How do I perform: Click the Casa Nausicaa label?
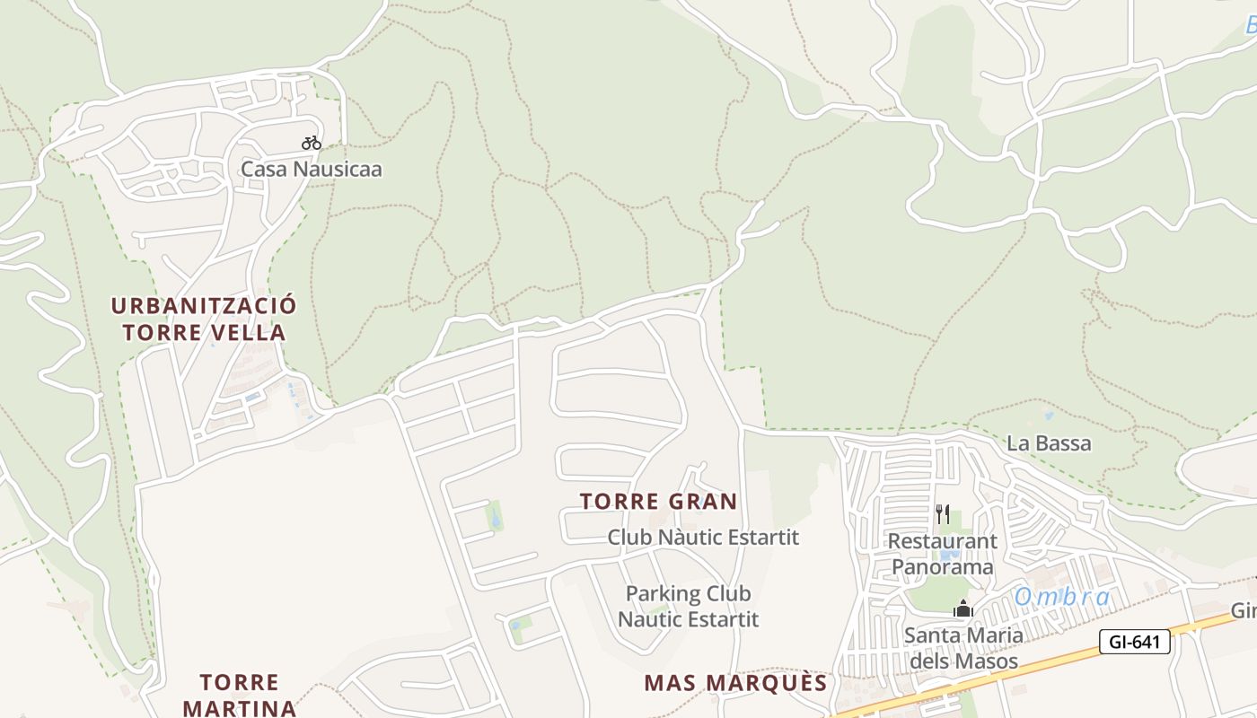point(311,169)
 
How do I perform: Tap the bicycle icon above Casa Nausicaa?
point(311,143)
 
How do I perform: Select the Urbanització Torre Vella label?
point(204,319)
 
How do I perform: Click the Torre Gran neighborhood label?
point(658,502)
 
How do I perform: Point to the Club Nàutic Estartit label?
point(703,538)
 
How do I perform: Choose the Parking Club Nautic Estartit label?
point(688,606)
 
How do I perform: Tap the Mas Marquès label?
point(735,683)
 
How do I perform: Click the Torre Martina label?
point(239,695)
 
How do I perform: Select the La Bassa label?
point(1049,442)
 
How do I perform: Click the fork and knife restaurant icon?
point(942,514)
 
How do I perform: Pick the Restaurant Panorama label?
point(942,554)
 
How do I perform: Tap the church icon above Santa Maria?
point(963,609)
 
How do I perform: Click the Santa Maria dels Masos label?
point(963,648)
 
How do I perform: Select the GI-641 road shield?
point(1134,642)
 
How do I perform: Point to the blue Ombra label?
point(1062,597)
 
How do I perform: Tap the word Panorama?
point(942,567)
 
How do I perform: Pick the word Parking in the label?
point(663,593)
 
